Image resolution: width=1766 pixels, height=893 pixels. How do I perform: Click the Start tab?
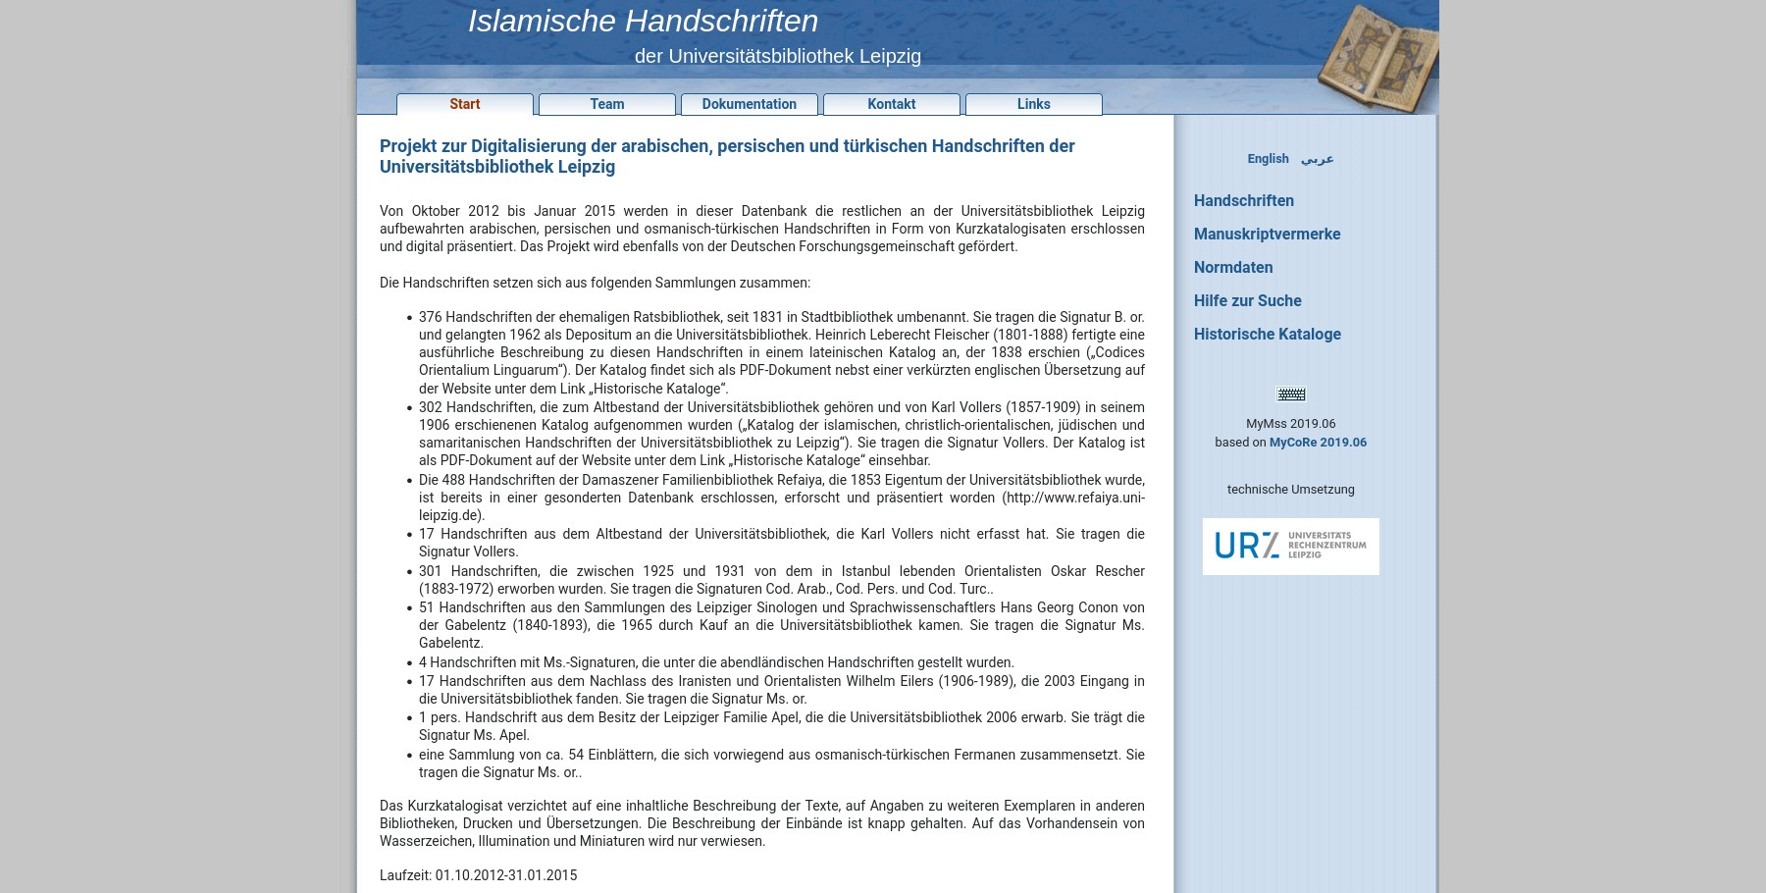pyautogui.click(x=465, y=104)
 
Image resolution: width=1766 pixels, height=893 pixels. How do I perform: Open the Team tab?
pyautogui.click(x=606, y=104)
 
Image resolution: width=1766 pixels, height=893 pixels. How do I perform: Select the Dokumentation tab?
pyautogui.click(x=749, y=104)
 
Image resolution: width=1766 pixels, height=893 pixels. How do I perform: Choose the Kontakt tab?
pyautogui.click(x=891, y=104)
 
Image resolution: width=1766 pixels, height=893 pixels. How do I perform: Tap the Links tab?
pyautogui.click(x=1033, y=104)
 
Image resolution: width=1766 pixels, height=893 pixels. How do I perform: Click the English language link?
pyautogui.click(x=1268, y=159)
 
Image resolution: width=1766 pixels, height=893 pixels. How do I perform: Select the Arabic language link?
pyautogui.click(x=1317, y=159)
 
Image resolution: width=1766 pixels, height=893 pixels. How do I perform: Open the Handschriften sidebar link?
pyautogui.click(x=1243, y=201)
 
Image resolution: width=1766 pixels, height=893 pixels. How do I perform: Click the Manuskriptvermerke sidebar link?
pyautogui.click(x=1267, y=235)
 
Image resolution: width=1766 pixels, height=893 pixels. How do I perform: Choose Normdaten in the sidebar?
pyautogui.click(x=1233, y=268)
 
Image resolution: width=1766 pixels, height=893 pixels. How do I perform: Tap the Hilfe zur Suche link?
pyautogui.click(x=1247, y=301)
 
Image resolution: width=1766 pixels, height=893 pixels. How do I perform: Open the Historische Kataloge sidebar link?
pyautogui.click(x=1267, y=335)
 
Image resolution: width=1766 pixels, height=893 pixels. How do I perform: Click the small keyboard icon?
pyautogui.click(x=1290, y=394)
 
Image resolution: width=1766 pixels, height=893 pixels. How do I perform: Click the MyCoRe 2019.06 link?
pyautogui.click(x=1318, y=443)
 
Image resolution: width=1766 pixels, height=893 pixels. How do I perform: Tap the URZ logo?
pyautogui.click(x=1290, y=547)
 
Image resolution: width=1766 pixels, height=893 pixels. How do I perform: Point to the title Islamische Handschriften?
pyautogui.click(x=643, y=21)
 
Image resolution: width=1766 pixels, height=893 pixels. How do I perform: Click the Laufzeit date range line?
pyautogui.click(x=478, y=875)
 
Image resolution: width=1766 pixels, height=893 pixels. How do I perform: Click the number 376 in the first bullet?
pyautogui.click(x=430, y=317)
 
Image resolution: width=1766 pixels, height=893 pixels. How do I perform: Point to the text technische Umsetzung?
pyautogui.click(x=1290, y=490)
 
